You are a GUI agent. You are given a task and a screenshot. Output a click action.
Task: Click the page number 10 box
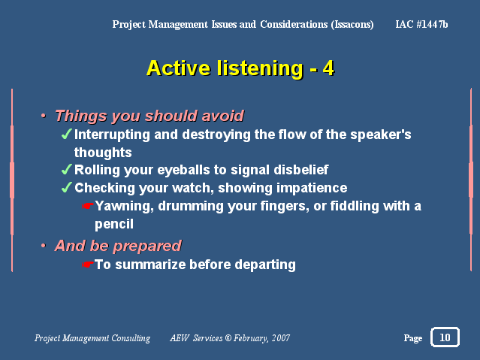(445, 337)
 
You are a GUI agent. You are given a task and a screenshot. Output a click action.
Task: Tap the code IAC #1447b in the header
(421, 24)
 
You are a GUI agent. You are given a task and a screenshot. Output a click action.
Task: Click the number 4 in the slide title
(328, 68)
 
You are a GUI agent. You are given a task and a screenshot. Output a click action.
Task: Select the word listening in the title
(260, 68)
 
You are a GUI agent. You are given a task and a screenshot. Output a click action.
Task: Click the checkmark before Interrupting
(66, 134)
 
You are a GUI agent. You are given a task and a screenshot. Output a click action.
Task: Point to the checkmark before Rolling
(66, 169)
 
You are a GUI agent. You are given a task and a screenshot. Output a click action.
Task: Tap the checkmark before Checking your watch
(66, 187)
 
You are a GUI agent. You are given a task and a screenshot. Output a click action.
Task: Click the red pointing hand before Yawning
(88, 206)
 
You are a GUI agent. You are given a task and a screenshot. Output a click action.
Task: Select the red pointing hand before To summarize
(88, 265)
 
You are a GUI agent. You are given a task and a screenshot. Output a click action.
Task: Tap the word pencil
(114, 224)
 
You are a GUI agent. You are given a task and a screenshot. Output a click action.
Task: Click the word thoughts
(103, 153)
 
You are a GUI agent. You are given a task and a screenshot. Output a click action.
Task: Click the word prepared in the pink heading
(147, 247)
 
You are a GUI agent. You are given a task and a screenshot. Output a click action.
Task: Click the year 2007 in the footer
(281, 338)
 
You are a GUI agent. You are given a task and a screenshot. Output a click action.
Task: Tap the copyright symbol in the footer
(228, 337)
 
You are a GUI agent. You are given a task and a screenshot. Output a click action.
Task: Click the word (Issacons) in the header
(352, 25)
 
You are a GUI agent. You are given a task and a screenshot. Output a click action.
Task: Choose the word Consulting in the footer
(131, 338)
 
